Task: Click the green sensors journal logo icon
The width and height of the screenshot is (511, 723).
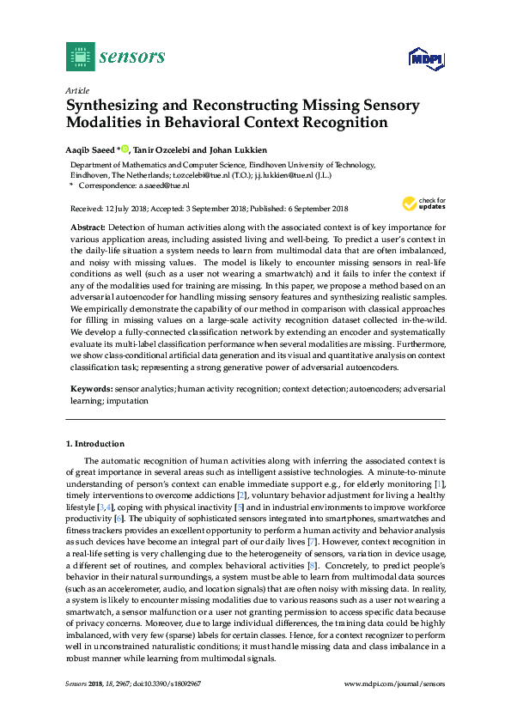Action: (79, 58)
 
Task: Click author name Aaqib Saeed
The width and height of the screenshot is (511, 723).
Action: (93, 148)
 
